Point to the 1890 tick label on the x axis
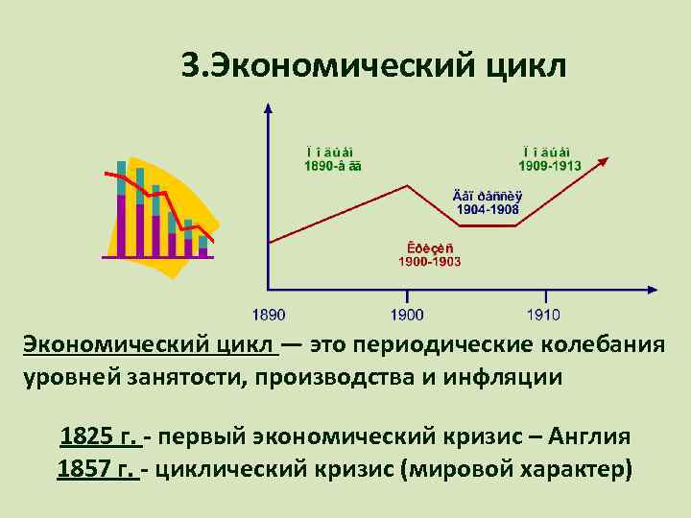(270, 315)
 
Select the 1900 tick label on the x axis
(407, 315)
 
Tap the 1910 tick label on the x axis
(543, 315)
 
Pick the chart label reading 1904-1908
(487, 208)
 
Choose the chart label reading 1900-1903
(430, 261)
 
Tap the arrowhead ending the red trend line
(602, 163)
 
